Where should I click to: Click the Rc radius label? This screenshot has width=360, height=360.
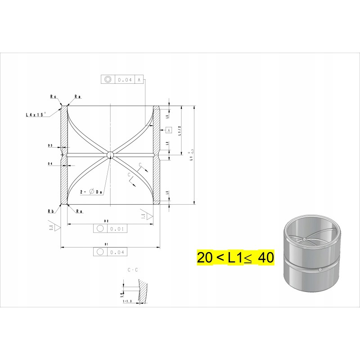click(x=53, y=96)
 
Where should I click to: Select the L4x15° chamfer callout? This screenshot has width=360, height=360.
click(x=36, y=115)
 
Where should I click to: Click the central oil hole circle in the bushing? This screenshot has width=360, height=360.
click(x=110, y=155)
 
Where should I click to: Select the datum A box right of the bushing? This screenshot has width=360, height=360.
click(x=169, y=130)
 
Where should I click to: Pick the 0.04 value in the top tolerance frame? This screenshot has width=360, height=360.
click(x=125, y=80)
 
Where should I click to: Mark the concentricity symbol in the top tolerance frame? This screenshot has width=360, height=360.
click(x=108, y=80)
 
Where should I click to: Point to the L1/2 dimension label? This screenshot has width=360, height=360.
click(x=179, y=130)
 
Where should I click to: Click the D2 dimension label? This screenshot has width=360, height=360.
click(x=107, y=221)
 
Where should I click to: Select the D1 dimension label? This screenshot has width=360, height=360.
click(x=107, y=244)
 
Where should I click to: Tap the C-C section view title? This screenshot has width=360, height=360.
click(x=133, y=270)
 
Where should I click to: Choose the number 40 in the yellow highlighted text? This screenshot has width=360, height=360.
click(x=265, y=258)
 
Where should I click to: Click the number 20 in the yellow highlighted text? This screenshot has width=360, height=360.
click(x=205, y=258)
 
